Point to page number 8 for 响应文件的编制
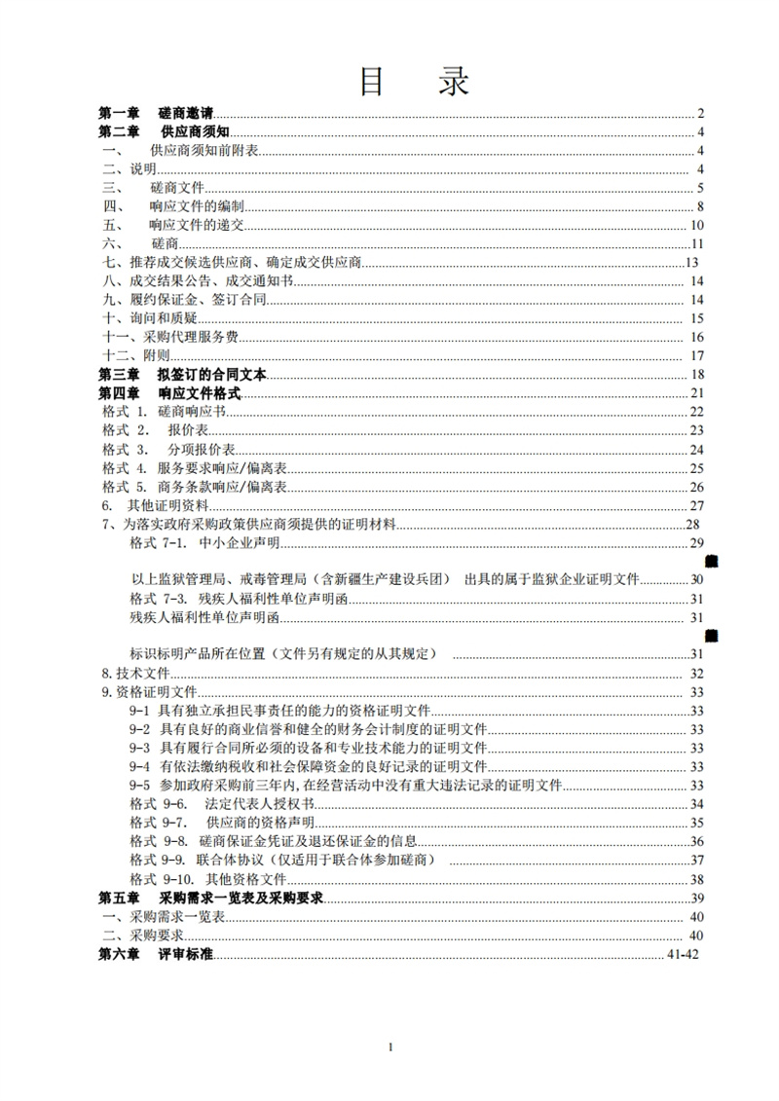click(700, 206)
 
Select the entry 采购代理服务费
click(170, 337)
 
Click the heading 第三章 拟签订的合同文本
click(182, 375)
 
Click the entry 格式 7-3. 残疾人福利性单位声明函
click(219, 599)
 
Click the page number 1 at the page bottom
click(389, 1046)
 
